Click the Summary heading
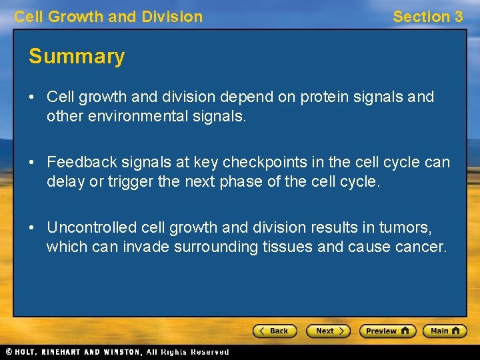click(x=77, y=57)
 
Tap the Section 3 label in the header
click(x=427, y=17)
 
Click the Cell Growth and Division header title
click(x=109, y=17)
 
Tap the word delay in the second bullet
click(x=63, y=181)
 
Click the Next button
click(x=327, y=331)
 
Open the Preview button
click(x=387, y=331)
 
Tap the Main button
click(x=445, y=331)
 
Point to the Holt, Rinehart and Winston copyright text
click(x=117, y=352)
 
